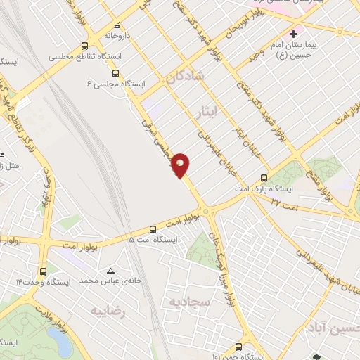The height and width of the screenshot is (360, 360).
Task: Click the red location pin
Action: pos(181,165)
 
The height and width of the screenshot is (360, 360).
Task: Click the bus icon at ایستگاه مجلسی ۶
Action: pos(115,72)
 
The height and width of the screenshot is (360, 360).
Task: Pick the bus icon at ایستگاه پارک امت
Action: pos(264,178)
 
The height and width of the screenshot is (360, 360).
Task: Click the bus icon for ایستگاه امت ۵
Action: pos(153,229)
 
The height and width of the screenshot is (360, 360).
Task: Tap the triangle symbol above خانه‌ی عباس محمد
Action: pos(110,271)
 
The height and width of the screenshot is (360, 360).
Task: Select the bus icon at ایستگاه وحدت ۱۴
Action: pos(44,271)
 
